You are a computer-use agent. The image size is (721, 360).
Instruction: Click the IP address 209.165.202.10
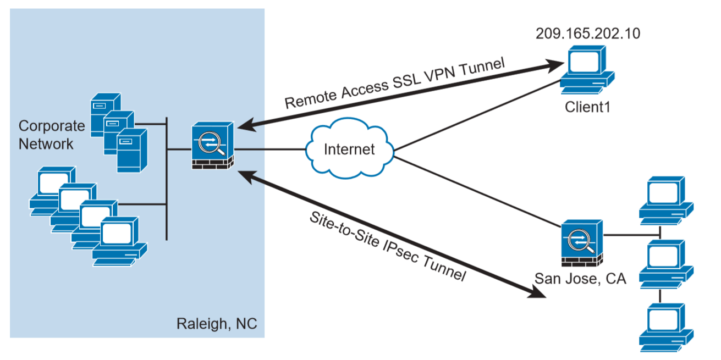(588, 34)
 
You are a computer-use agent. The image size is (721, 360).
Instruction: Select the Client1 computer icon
(587, 70)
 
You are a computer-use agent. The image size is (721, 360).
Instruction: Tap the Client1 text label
(588, 107)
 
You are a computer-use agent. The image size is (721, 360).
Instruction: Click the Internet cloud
(350, 148)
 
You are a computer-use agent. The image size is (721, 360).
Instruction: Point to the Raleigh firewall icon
(213, 145)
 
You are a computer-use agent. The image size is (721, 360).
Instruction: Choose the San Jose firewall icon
(582, 243)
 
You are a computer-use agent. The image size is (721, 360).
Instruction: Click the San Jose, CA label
(580, 279)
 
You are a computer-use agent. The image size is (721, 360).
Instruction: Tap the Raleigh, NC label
(217, 324)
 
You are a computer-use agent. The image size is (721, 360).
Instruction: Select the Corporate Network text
(52, 135)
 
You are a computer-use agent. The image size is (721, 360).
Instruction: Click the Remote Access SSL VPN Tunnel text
(395, 83)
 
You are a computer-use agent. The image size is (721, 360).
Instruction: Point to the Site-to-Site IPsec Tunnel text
(388, 247)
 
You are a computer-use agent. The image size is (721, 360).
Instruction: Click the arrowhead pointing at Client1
(555, 65)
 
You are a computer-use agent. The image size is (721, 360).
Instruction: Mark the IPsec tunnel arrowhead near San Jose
(537, 292)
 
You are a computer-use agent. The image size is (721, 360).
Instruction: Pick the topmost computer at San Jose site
(666, 201)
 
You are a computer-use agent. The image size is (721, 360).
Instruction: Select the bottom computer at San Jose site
(666, 328)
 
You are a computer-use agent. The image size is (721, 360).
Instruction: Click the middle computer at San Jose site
(666, 264)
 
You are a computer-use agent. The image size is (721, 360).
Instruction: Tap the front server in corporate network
(132, 151)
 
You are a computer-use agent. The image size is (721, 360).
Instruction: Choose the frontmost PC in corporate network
(120, 242)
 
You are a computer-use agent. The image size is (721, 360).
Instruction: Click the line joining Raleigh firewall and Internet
(269, 149)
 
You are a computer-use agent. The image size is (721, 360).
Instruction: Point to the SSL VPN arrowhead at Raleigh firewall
(247, 125)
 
